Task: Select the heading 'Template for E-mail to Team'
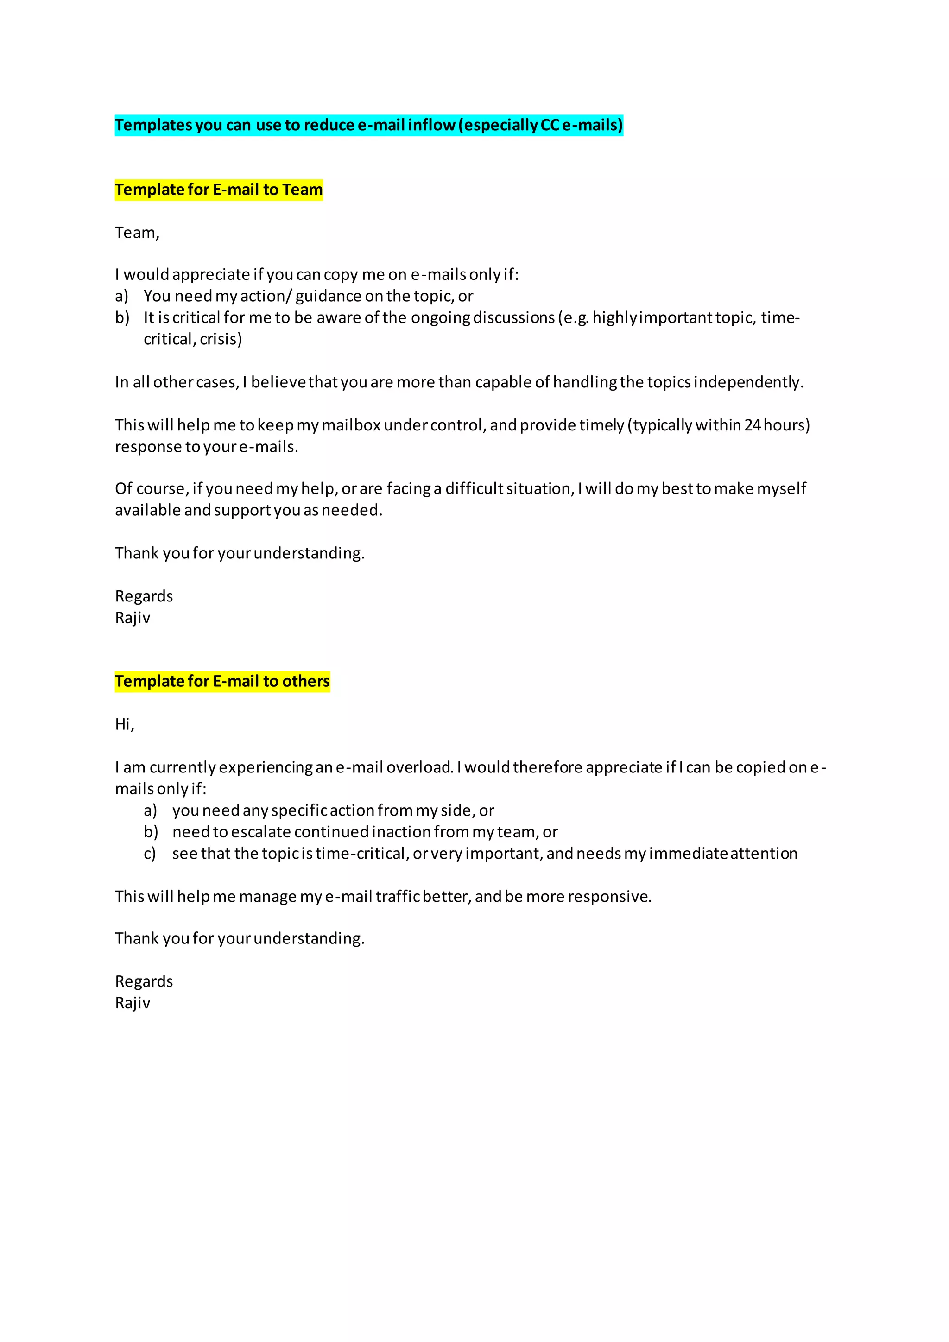[219, 190]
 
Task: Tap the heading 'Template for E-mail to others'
[222, 682]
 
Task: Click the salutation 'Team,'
[137, 233]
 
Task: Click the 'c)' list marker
[150, 854]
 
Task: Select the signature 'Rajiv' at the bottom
[133, 1004]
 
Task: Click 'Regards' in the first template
[144, 597]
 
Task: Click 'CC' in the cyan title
[550, 125]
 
